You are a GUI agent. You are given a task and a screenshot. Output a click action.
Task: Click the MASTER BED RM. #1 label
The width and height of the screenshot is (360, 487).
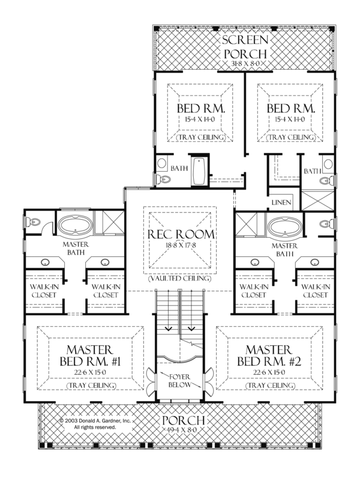[89, 356]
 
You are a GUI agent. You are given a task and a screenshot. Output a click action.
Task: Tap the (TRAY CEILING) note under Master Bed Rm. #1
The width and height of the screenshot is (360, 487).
[89, 384]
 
